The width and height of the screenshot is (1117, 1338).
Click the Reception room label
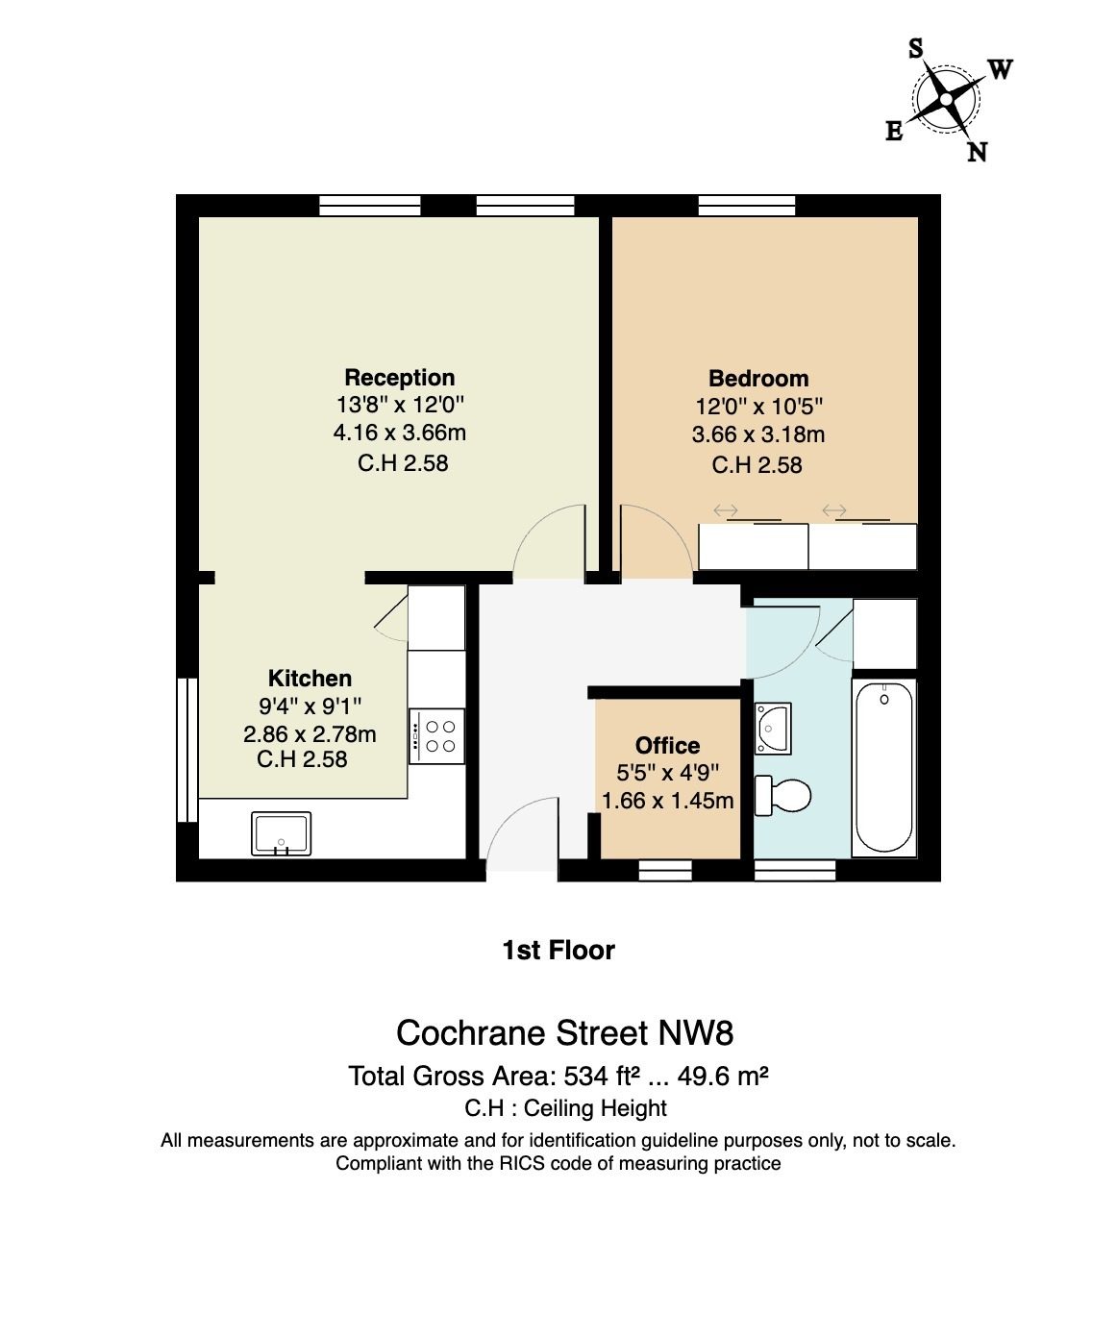[399, 378]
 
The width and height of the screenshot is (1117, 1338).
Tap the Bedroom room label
[758, 379]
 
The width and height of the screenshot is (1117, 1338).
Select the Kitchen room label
[310, 678]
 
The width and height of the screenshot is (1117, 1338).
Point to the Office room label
[667, 745]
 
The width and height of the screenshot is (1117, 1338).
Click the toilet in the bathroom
[782, 795]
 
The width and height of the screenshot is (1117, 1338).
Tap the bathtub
[883, 767]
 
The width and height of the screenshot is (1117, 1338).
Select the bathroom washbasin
[773, 728]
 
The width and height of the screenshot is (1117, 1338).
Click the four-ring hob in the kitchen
[437, 735]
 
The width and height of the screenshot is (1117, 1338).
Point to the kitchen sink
[282, 833]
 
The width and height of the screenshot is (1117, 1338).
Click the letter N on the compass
[977, 152]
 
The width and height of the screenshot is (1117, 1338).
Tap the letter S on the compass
[916, 48]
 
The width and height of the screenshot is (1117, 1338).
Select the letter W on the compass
[1001, 69]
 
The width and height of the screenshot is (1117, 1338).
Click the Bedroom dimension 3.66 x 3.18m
[758, 435]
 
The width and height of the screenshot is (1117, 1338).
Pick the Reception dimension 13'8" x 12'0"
[400, 405]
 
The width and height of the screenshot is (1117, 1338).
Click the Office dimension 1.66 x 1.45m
[668, 801]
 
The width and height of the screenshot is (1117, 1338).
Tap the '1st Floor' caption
[558, 951]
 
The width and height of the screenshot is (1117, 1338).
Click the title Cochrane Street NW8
[564, 1033]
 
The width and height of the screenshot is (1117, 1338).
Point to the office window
[665, 870]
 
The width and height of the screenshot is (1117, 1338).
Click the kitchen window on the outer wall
[187, 749]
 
